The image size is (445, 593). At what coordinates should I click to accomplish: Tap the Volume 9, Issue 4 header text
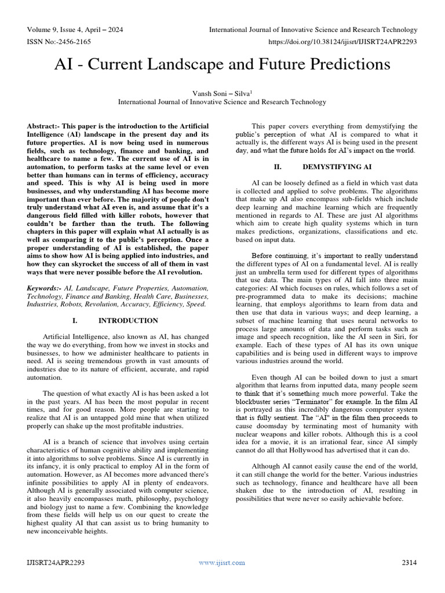click(75, 30)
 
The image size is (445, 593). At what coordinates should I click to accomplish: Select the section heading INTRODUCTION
click(128, 320)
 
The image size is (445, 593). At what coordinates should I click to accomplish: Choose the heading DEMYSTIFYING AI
click(338, 166)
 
